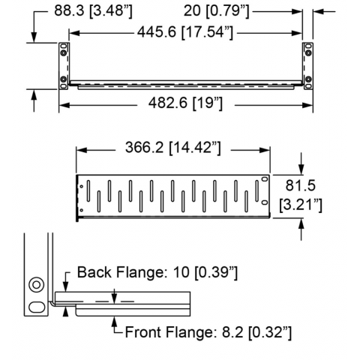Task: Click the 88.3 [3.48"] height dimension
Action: (93, 11)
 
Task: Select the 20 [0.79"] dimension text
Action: (217, 11)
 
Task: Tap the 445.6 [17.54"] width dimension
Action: (185, 32)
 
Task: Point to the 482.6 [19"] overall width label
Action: (185, 103)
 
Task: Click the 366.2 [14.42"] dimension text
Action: (173, 147)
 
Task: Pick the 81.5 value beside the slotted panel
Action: (300, 185)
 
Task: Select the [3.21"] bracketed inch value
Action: (301, 205)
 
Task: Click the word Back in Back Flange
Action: (94, 272)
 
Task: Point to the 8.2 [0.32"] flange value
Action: (256, 332)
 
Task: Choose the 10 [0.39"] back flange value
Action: (204, 272)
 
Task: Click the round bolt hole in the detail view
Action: (37, 285)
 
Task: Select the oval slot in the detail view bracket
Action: (37, 307)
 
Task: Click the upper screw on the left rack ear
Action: (64, 53)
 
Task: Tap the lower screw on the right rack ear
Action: (308, 79)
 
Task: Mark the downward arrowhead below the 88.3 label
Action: (34, 37)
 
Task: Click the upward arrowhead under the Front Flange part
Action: (115, 321)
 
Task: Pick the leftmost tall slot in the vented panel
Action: (88, 191)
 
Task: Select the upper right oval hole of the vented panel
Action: (264, 179)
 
